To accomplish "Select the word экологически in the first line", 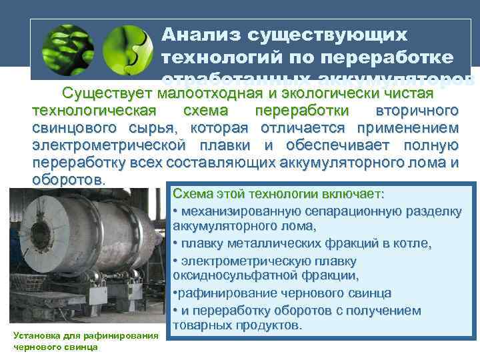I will tap(334, 92).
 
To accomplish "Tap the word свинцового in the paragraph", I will tap(73, 127).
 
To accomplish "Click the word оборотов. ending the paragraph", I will tap(69, 180).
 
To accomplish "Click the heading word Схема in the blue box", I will tap(193, 195).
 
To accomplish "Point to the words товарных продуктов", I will tap(237, 325).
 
